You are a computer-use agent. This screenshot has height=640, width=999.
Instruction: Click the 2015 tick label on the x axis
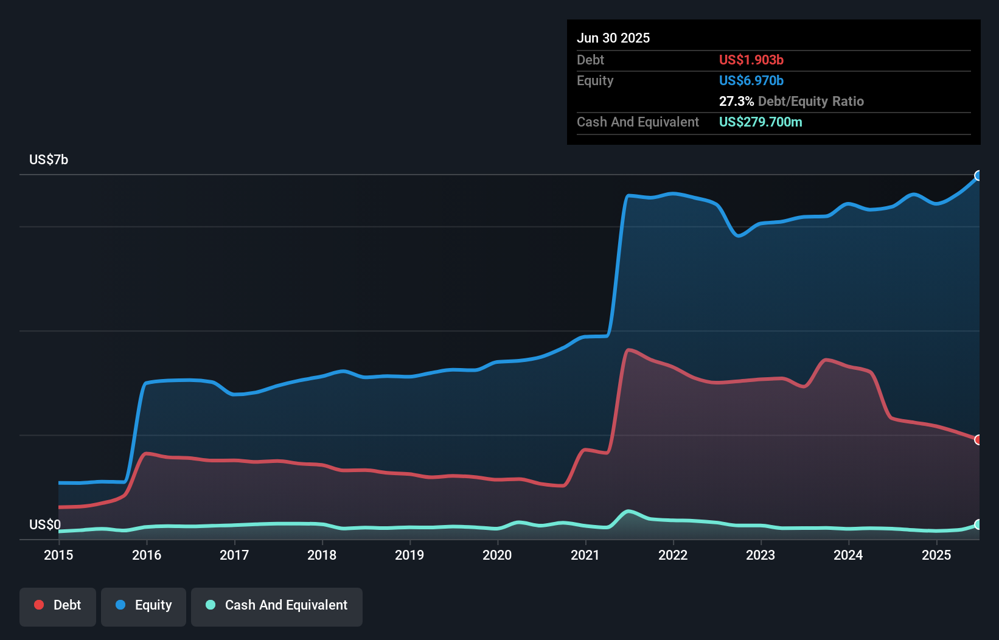point(58,555)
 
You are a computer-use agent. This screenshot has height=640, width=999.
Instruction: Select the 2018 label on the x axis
point(322,555)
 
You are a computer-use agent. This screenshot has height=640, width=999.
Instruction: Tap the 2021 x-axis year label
point(585,555)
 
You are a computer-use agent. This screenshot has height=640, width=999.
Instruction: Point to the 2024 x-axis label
point(848,555)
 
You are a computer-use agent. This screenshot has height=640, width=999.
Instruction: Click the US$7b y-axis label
point(49,159)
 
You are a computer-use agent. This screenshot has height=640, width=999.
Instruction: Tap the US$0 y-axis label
point(45,524)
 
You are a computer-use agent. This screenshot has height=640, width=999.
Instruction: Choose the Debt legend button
point(58,605)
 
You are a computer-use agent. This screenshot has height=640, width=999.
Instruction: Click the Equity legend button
point(144,605)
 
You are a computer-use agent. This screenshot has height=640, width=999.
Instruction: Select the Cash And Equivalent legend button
point(277,605)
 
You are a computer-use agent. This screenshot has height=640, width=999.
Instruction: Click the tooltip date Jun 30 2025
point(613,38)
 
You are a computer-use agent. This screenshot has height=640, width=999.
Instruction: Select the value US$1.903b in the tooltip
point(751,60)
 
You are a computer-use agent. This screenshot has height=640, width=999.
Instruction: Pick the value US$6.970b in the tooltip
point(751,80)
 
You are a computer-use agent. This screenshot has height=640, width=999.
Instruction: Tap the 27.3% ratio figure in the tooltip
point(736,101)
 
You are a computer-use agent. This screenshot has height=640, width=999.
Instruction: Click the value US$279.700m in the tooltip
point(761,122)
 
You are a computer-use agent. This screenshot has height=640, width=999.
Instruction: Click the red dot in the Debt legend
point(39,605)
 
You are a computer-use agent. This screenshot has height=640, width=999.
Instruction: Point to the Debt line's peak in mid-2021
point(629,350)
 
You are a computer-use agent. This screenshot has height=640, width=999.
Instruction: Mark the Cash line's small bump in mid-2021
point(628,511)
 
